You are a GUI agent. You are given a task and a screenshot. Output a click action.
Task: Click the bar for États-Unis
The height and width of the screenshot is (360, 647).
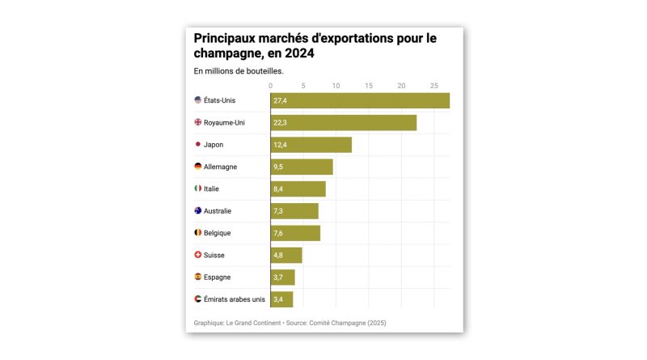(360, 100)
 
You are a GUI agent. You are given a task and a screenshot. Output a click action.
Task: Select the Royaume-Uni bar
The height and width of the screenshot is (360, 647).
(344, 123)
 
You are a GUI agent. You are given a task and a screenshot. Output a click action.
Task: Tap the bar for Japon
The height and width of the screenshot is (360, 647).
(311, 145)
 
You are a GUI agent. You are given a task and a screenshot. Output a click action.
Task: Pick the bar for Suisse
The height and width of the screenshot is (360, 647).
(286, 256)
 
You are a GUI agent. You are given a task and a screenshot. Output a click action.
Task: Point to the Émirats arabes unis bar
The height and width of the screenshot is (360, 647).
(282, 299)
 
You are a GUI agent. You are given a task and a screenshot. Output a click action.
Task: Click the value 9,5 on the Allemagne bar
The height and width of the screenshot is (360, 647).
(278, 167)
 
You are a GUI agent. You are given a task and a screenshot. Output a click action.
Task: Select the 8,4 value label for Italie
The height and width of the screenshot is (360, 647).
(278, 189)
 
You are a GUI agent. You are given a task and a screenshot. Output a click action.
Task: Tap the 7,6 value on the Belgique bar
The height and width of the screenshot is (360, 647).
(278, 233)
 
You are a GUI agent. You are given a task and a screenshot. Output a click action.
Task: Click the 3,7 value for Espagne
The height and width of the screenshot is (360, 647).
(278, 277)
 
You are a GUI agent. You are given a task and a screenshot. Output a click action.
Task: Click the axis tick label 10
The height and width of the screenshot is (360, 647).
(336, 85)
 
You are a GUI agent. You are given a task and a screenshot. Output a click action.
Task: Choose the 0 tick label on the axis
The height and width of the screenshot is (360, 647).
(271, 85)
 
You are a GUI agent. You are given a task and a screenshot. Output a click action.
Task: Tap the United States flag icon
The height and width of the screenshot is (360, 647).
(198, 100)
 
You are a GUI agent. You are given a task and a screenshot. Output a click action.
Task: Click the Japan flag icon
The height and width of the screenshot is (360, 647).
(198, 145)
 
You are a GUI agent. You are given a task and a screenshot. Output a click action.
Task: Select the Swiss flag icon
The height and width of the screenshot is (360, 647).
(198, 255)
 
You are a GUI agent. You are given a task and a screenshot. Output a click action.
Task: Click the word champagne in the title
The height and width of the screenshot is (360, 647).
(231, 53)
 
